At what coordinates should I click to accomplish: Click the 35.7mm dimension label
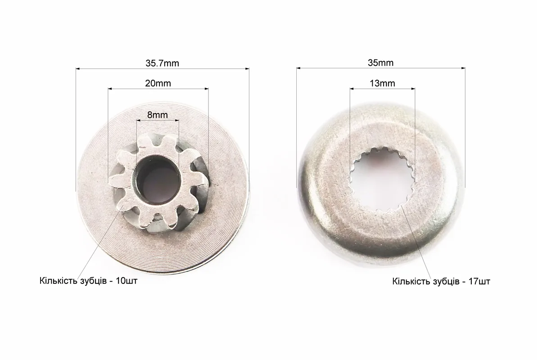(162, 63)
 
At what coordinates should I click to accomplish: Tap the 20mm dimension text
(158, 83)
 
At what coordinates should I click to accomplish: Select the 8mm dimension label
(158, 115)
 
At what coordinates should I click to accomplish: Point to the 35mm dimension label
(380, 63)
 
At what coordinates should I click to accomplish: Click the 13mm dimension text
(382, 83)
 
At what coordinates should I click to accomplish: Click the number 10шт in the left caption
(127, 281)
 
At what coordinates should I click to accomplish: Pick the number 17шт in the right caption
(479, 282)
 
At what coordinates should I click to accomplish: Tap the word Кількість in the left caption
(58, 281)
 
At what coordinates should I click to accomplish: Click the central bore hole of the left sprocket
(158, 178)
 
